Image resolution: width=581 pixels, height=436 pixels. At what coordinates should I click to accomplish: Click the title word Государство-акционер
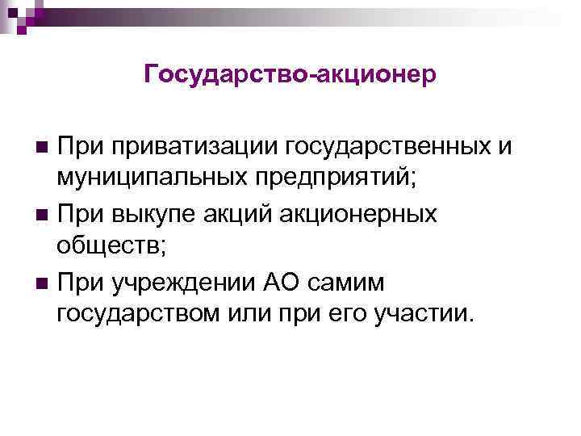pos(290,74)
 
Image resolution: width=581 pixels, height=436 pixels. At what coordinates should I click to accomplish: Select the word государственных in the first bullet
pos(399,147)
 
